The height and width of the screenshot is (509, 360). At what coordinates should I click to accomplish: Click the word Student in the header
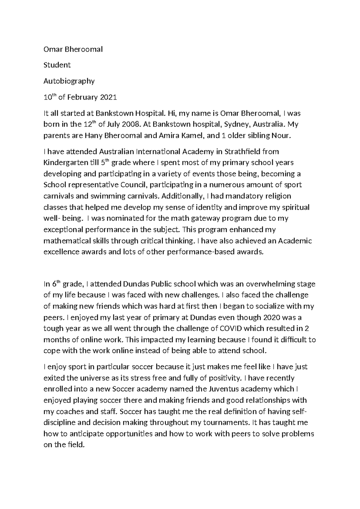(57, 65)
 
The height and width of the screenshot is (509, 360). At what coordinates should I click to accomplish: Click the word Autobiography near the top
(69, 81)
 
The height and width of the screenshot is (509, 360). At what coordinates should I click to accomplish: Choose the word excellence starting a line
(60, 252)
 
